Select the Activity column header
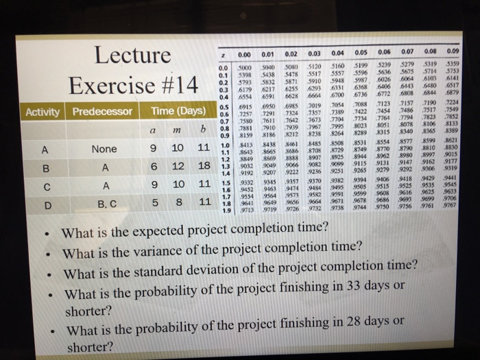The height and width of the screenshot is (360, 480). [x=45, y=111]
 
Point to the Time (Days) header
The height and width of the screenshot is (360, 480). [x=178, y=110]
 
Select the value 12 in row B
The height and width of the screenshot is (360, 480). [x=177, y=167]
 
